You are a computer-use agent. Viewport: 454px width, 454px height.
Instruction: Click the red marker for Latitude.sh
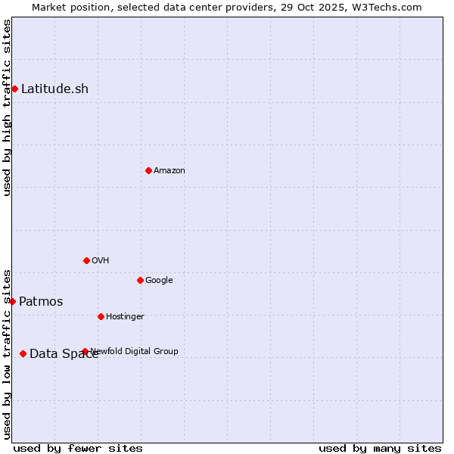click(14, 89)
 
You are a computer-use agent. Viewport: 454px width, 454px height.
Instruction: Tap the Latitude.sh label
click(54, 89)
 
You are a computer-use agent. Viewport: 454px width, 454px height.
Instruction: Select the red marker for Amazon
click(148, 170)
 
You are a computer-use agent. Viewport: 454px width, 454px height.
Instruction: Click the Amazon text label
click(169, 171)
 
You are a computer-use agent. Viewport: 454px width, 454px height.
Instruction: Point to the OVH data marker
click(86, 260)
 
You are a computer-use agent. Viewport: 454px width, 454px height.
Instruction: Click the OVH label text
click(101, 261)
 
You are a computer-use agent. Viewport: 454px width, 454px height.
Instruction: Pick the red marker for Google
click(140, 280)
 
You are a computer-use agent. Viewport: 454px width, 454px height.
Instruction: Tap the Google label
click(159, 281)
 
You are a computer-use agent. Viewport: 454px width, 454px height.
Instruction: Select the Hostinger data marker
click(101, 316)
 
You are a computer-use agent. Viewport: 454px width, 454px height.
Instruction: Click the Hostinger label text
click(125, 317)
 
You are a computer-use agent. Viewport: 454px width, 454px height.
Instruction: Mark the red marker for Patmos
click(12, 301)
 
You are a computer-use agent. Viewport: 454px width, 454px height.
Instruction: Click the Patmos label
click(41, 302)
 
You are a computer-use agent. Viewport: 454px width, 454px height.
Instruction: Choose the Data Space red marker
click(23, 353)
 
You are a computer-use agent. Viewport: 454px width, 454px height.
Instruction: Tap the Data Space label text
click(64, 354)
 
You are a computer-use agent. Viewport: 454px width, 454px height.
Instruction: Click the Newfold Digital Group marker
click(85, 351)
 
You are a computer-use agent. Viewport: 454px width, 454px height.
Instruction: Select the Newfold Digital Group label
click(135, 351)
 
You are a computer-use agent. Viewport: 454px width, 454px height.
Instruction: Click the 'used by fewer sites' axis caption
click(78, 449)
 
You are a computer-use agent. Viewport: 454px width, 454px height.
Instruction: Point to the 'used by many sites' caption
click(380, 449)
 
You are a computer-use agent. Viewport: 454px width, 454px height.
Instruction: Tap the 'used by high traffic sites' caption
click(7, 107)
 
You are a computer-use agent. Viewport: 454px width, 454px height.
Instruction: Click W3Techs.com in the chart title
click(387, 7)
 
